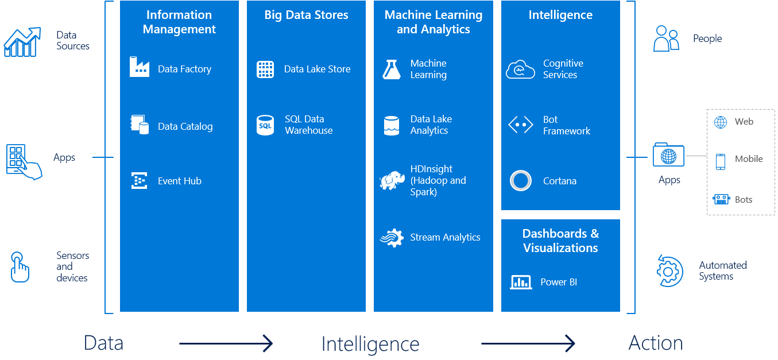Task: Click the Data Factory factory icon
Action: click(x=140, y=67)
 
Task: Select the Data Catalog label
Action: click(x=185, y=126)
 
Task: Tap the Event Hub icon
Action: click(x=140, y=181)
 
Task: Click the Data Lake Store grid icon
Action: click(x=265, y=69)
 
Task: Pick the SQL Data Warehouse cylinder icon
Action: click(x=265, y=125)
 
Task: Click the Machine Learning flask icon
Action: click(x=392, y=69)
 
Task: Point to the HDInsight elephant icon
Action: click(x=392, y=180)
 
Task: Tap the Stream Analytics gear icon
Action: click(x=392, y=237)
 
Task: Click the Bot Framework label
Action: click(x=566, y=125)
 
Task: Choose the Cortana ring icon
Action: click(x=521, y=181)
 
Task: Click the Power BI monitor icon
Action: click(x=521, y=282)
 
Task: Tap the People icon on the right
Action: click(x=666, y=38)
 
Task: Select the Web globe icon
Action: click(x=720, y=122)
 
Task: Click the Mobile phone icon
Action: click(x=720, y=161)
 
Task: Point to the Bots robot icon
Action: click(x=721, y=199)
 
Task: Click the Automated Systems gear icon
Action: click(x=669, y=270)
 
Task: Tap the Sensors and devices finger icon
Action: click(x=20, y=267)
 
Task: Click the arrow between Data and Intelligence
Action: click(x=226, y=344)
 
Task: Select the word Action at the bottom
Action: click(x=656, y=343)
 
